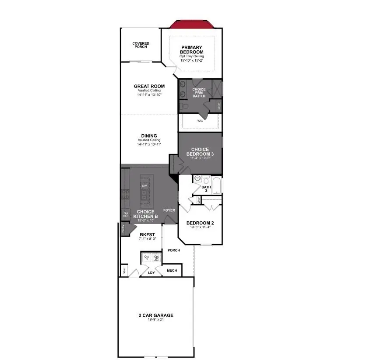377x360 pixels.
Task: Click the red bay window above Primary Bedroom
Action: (x=192, y=24)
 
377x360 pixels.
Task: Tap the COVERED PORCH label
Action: (x=141, y=45)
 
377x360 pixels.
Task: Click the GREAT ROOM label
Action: (x=149, y=86)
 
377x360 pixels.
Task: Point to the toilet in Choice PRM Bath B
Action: (x=185, y=106)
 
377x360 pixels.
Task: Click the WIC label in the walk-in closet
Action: (x=200, y=120)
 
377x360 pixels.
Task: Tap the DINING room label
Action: (x=149, y=136)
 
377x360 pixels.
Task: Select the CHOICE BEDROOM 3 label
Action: (x=200, y=152)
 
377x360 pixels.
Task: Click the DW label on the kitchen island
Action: (x=144, y=186)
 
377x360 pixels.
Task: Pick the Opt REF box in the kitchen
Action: (x=126, y=215)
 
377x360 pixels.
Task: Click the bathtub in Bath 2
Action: (x=216, y=184)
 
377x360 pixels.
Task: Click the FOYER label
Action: (x=169, y=210)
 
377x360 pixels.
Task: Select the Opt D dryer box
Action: (x=146, y=258)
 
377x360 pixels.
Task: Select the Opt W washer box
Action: (x=156, y=258)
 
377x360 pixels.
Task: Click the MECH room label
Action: (x=172, y=271)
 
